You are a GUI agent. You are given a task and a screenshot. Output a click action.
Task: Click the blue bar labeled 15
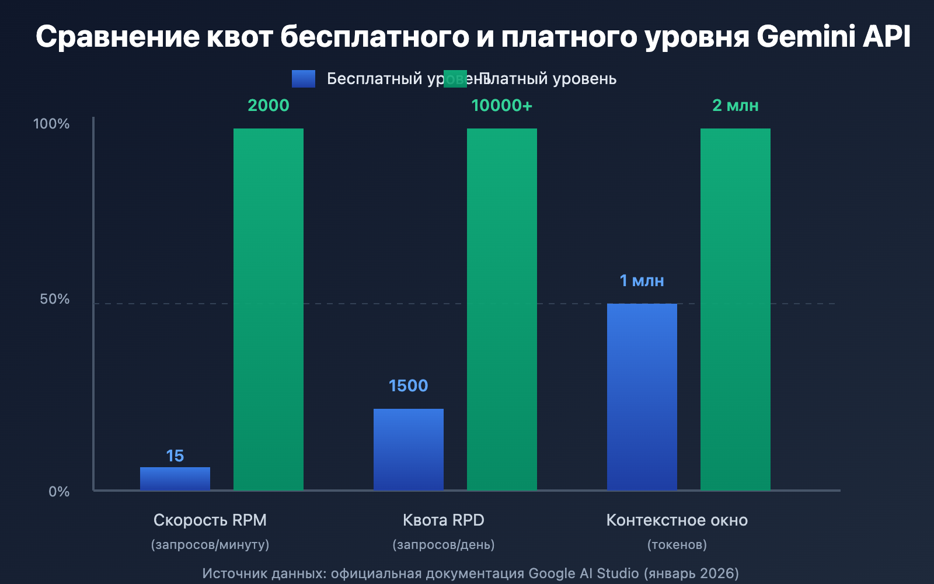175,478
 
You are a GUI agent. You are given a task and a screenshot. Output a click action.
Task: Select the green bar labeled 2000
269,309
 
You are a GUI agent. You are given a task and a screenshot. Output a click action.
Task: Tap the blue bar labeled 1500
409,449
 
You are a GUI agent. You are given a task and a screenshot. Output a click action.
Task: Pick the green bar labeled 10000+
502,309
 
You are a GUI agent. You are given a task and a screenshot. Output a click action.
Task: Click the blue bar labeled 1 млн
642,397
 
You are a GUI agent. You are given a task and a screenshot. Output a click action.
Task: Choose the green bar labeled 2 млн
736,309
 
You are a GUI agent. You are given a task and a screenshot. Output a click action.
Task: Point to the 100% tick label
51,124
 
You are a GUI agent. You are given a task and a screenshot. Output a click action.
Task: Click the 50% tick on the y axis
54,299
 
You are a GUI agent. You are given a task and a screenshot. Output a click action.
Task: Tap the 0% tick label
59,492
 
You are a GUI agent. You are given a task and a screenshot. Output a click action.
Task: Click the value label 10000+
502,106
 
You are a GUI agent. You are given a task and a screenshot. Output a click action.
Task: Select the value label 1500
409,386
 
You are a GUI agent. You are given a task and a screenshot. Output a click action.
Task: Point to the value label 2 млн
736,106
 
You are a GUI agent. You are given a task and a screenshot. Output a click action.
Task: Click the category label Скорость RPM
210,520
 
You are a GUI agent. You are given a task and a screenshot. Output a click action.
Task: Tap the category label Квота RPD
444,520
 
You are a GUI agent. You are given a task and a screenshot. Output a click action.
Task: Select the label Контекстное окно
677,520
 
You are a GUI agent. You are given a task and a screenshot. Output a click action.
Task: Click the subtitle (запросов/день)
444,545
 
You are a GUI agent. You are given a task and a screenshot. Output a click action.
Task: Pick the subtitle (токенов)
677,545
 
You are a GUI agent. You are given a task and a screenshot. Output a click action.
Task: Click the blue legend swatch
304,79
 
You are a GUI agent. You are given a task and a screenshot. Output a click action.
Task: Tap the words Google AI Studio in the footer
584,573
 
